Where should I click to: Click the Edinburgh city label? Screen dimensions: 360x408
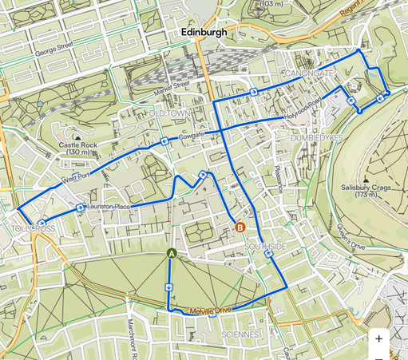pyautogui.click(x=204, y=33)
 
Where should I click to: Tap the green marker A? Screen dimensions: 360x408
pyautogui.click(x=171, y=253)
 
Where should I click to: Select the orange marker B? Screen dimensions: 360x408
pyautogui.click(x=240, y=227)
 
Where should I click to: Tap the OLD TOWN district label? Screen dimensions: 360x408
pyautogui.click(x=171, y=114)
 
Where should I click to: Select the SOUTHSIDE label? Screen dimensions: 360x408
pyautogui.click(x=265, y=247)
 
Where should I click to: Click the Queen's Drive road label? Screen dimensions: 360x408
pyautogui.click(x=351, y=240)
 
